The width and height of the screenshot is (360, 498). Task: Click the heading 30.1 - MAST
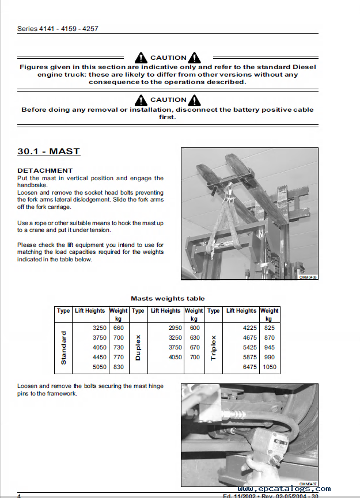click(48, 152)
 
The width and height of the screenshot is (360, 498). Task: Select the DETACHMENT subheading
click(45, 170)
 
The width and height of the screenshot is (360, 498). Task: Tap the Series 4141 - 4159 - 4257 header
click(58, 28)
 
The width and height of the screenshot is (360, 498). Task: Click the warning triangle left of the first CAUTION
click(141, 58)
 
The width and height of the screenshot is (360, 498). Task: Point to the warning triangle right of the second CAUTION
click(195, 100)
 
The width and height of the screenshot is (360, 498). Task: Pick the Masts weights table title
click(168, 298)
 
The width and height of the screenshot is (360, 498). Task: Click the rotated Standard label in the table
click(63, 347)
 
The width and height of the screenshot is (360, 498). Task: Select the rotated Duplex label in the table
click(138, 347)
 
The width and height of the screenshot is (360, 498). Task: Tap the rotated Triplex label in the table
click(213, 347)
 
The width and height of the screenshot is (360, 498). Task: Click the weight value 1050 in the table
click(269, 367)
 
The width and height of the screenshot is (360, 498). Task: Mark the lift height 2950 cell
click(173, 328)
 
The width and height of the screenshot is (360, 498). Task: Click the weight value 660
click(119, 328)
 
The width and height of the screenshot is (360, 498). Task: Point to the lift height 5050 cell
click(99, 367)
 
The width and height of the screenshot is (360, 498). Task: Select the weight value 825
click(269, 328)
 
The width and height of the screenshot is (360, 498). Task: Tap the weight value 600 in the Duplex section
click(194, 328)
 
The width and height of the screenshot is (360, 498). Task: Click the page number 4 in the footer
click(19, 496)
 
